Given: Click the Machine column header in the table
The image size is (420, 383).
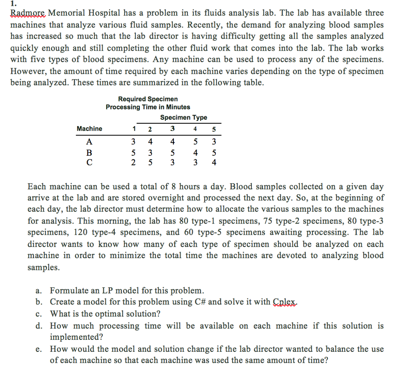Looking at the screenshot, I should [x=89, y=129].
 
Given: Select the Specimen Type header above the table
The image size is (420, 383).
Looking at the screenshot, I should [x=183, y=118].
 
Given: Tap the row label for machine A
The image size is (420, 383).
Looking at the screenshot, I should [x=89, y=142].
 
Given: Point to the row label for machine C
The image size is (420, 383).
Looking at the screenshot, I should [x=89, y=162].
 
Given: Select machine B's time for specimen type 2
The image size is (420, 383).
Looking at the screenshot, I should [x=150, y=153].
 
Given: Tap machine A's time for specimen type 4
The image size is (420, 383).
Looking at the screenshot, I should [x=196, y=142].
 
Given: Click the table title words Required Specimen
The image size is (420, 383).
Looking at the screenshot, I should [x=148, y=99].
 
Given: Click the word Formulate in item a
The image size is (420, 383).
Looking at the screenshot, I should [x=68, y=291].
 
